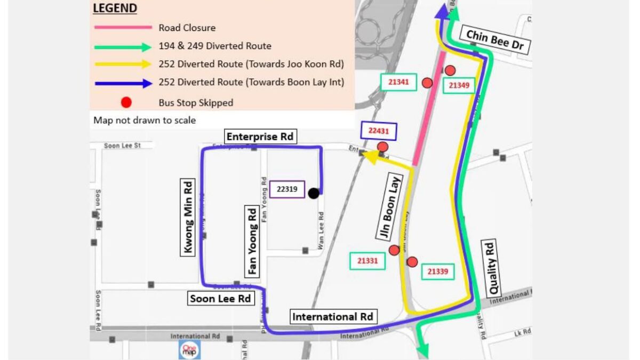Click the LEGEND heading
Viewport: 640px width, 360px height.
click(115, 9)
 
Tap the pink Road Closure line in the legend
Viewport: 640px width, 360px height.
click(123, 28)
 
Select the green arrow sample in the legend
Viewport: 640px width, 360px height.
click(123, 46)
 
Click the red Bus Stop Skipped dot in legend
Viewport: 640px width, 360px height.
click(126, 102)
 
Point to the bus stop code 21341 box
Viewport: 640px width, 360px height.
click(398, 82)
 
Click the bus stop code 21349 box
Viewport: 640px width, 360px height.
click(459, 85)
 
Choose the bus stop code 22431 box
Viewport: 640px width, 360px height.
click(379, 131)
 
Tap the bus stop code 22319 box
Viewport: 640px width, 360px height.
click(287, 189)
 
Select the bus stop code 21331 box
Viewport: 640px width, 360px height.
click(367, 261)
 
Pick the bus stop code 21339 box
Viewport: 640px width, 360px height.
click(438, 271)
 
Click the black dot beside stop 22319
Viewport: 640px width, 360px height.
click(314, 193)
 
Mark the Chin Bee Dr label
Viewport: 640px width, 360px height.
click(495, 41)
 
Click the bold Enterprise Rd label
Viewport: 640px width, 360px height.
click(260, 137)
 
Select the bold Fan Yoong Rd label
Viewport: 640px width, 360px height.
click(253, 242)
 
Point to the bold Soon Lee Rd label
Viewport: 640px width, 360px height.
click(220, 299)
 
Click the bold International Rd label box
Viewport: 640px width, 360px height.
click(331, 317)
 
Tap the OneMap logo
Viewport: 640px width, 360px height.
click(189, 349)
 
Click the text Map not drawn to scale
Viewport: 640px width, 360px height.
click(145, 120)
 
